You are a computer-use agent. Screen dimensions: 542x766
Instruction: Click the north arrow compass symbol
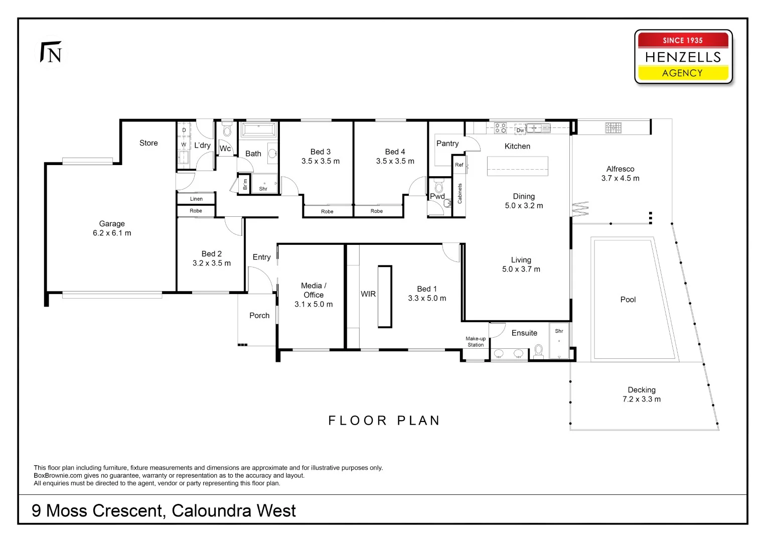pos(52,53)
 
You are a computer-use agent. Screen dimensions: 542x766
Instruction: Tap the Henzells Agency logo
pos(683,57)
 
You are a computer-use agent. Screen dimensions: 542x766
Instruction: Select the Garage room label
pos(112,224)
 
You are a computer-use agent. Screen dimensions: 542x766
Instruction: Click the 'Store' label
pos(148,143)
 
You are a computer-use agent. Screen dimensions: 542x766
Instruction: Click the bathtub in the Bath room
pos(258,129)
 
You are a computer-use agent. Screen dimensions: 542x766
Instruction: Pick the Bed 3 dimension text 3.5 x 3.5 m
pos(321,161)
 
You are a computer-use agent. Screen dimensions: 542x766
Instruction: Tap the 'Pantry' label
pos(447,144)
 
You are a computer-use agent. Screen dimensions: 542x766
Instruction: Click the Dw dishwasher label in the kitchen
pos(520,130)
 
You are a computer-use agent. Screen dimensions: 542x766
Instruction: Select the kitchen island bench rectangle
pos(517,166)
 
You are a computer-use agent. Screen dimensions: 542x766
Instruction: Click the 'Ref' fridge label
pos(459,165)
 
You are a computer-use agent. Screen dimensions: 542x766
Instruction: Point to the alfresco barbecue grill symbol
pos(613,128)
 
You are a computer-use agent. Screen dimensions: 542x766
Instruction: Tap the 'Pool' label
pos(628,300)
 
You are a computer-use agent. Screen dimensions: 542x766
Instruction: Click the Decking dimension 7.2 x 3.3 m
pos(642,399)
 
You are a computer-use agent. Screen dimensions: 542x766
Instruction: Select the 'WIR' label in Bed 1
pos(368,294)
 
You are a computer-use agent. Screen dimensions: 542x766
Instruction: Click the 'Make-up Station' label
pos(476,342)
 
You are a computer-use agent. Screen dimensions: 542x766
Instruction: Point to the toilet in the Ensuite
pos(539,350)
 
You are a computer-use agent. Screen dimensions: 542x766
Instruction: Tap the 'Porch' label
pos(259,316)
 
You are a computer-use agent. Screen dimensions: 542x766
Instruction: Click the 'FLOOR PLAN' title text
pos(384,421)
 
